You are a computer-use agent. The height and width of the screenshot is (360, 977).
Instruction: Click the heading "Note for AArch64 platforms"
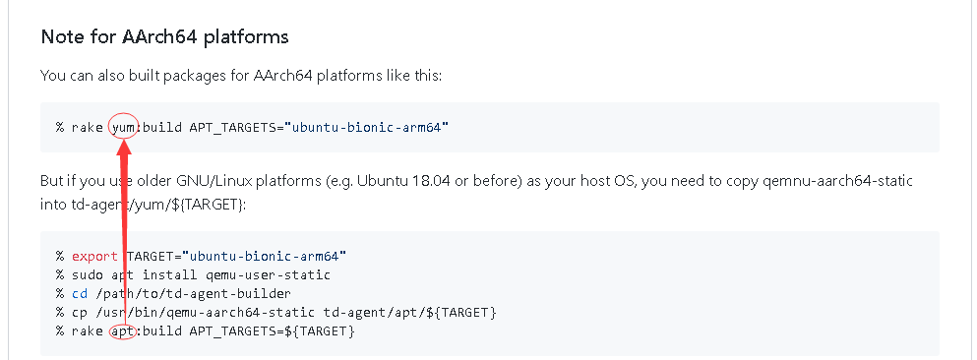point(164,37)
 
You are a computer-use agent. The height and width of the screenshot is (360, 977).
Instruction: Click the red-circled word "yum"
point(122,128)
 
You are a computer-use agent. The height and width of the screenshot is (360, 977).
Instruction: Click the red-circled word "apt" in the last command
point(122,331)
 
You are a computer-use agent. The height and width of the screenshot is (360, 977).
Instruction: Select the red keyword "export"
point(94,257)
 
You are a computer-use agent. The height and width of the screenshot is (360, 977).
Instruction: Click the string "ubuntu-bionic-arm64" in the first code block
point(366,128)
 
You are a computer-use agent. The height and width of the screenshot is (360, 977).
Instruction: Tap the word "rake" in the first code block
point(87,128)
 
